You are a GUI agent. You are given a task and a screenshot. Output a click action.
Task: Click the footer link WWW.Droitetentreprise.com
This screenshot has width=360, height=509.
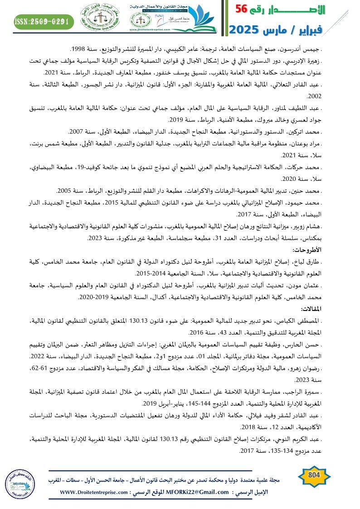click(92, 492)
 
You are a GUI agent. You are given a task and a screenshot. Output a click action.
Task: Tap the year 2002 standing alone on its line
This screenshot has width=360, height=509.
click(314, 96)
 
